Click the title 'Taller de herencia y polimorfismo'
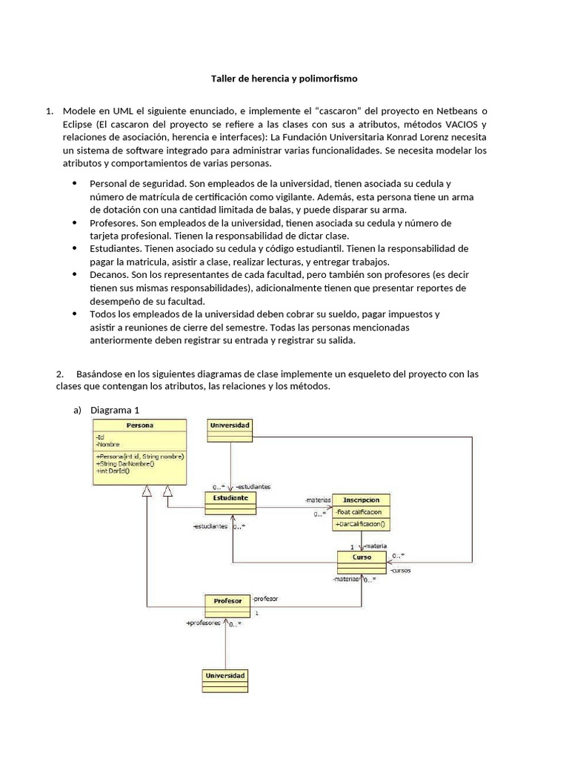pos(284,78)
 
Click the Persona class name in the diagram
pos(139,425)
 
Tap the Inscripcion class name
pos(361,500)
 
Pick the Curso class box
pos(362,561)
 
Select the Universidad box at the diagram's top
pos(230,430)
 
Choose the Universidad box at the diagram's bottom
pos(225,680)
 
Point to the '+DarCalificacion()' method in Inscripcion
pos(361,523)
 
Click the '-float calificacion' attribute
pos(359,511)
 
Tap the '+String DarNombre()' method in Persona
pos(125,463)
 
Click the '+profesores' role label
pos(204,623)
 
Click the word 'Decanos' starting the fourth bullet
pos(109,274)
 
